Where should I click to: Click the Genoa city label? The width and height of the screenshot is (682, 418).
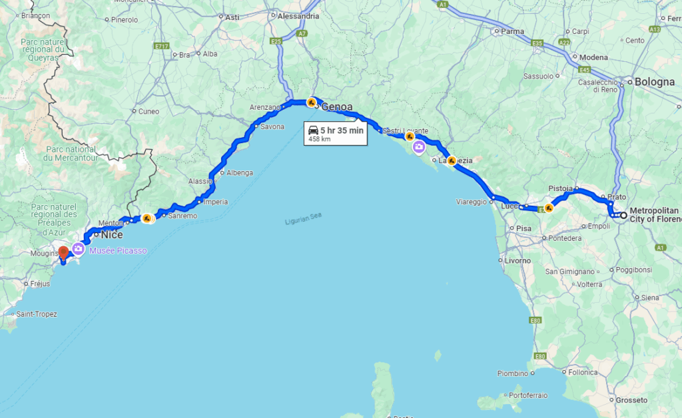pos(337,106)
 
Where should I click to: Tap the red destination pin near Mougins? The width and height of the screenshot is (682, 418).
pos(63,253)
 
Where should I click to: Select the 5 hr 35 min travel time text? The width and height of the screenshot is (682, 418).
pos(342,130)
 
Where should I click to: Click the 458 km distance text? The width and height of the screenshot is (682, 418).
pos(320,139)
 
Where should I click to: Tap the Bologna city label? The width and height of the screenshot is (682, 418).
pos(655,82)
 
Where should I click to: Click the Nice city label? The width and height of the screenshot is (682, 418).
pos(111,234)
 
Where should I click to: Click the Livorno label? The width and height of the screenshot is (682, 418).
pos(517,260)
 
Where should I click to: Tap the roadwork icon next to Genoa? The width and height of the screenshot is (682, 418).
pos(311,103)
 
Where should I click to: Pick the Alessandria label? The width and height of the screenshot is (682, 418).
pos(298,16)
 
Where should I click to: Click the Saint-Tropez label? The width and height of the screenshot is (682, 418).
pos(37,314)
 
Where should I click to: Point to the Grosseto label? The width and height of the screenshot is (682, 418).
pos(632,400)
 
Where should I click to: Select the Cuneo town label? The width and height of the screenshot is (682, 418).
pos(149,111)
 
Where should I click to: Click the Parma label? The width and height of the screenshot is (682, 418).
pos(512,31)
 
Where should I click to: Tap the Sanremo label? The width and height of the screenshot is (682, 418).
pos(182,216)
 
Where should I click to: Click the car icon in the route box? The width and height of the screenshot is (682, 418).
pos(312,130)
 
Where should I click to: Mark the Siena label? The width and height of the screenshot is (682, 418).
pos(649,298)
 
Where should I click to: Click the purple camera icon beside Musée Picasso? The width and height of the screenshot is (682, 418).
pos(78,249)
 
